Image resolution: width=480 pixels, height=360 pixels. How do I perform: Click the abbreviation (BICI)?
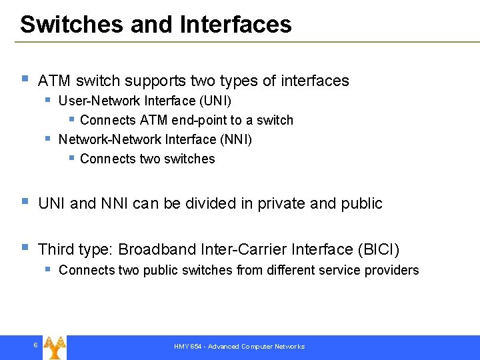(x=379, y=249)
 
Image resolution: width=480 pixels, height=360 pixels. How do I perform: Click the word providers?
(x=395, y=270)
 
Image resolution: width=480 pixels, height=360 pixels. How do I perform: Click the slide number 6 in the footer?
(x=35, y=345)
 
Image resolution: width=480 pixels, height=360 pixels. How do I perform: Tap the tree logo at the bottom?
(x=55, y=346)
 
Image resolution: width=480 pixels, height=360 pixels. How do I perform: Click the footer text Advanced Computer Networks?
(x=256, y=347)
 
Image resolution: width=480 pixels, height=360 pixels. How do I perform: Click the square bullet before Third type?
(x=25, y=247)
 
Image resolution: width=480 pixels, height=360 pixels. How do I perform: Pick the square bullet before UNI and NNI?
(x=25, y=201)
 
